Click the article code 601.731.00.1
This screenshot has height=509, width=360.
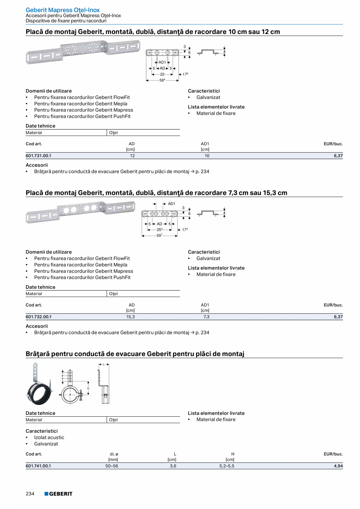coord(38,156)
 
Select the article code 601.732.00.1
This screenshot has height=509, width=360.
coord(38,317)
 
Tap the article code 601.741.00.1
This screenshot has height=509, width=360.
coord(38,466)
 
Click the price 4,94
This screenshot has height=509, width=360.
coord(338,466)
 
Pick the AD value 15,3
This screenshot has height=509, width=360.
coord(130,317)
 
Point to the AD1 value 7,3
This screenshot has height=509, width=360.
coord(206,317)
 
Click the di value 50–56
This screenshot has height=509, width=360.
coord(112,466)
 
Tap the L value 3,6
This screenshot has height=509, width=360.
coord(172,466)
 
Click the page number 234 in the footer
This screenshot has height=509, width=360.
coord(30,494)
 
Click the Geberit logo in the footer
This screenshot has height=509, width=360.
coord(58,494)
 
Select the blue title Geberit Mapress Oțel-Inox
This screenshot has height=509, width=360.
coord(63,10)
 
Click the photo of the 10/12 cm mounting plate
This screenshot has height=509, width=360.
coord(83,52)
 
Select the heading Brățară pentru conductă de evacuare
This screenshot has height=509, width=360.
coord(135,354)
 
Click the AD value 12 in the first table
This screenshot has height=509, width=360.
coord(132,156)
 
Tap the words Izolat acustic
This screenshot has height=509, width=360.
coord(49,437)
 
